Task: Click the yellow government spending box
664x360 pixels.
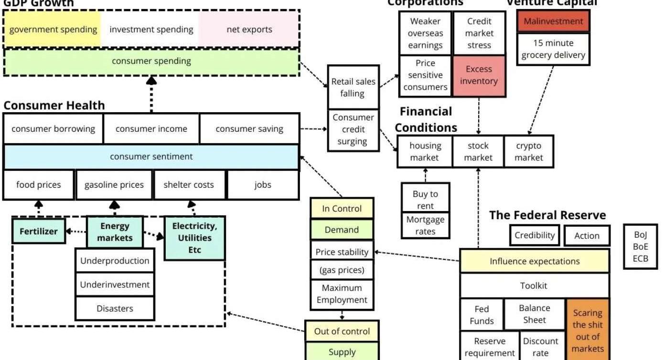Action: [53, 29]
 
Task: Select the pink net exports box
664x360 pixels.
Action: [249, 29]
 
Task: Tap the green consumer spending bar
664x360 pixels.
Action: [151, 62]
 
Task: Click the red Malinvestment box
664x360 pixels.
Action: [553, 21]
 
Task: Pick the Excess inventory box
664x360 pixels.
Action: [479, 75]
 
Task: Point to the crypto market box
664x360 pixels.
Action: [528, 152]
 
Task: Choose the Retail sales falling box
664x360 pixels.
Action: [353, 87]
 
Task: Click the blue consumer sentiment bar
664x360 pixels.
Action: [151, 157]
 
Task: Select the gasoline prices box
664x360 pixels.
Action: [114, 185]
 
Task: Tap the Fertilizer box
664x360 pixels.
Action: [39, 232]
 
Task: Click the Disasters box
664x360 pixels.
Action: [115, 308]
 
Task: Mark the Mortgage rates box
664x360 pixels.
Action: [425, 225]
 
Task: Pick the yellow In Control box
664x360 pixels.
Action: [342, 209]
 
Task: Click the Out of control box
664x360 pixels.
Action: [342, 331]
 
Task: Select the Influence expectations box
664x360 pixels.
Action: [534, 261]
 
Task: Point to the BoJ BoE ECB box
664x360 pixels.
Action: [640, 247]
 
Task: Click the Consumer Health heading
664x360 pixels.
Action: [54, 106]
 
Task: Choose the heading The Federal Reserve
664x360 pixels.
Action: [547, 215]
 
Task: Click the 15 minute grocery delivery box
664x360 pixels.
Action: [553, 49]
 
